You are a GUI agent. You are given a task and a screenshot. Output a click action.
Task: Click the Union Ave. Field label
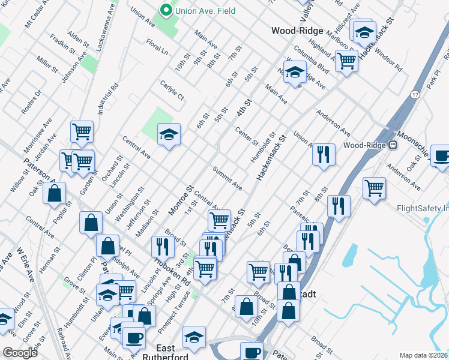click(204, 11)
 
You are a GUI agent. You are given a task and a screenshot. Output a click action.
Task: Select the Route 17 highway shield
click(415, 95)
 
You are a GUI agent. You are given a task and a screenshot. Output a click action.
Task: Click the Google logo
click(20, 353)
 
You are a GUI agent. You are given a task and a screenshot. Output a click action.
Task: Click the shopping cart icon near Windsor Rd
click(346, 61)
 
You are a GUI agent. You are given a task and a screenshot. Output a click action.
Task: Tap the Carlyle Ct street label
click(172, 91)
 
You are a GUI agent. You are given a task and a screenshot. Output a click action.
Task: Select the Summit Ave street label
click(228, 178)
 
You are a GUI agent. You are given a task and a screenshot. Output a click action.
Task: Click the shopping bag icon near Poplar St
click(55, 194)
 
